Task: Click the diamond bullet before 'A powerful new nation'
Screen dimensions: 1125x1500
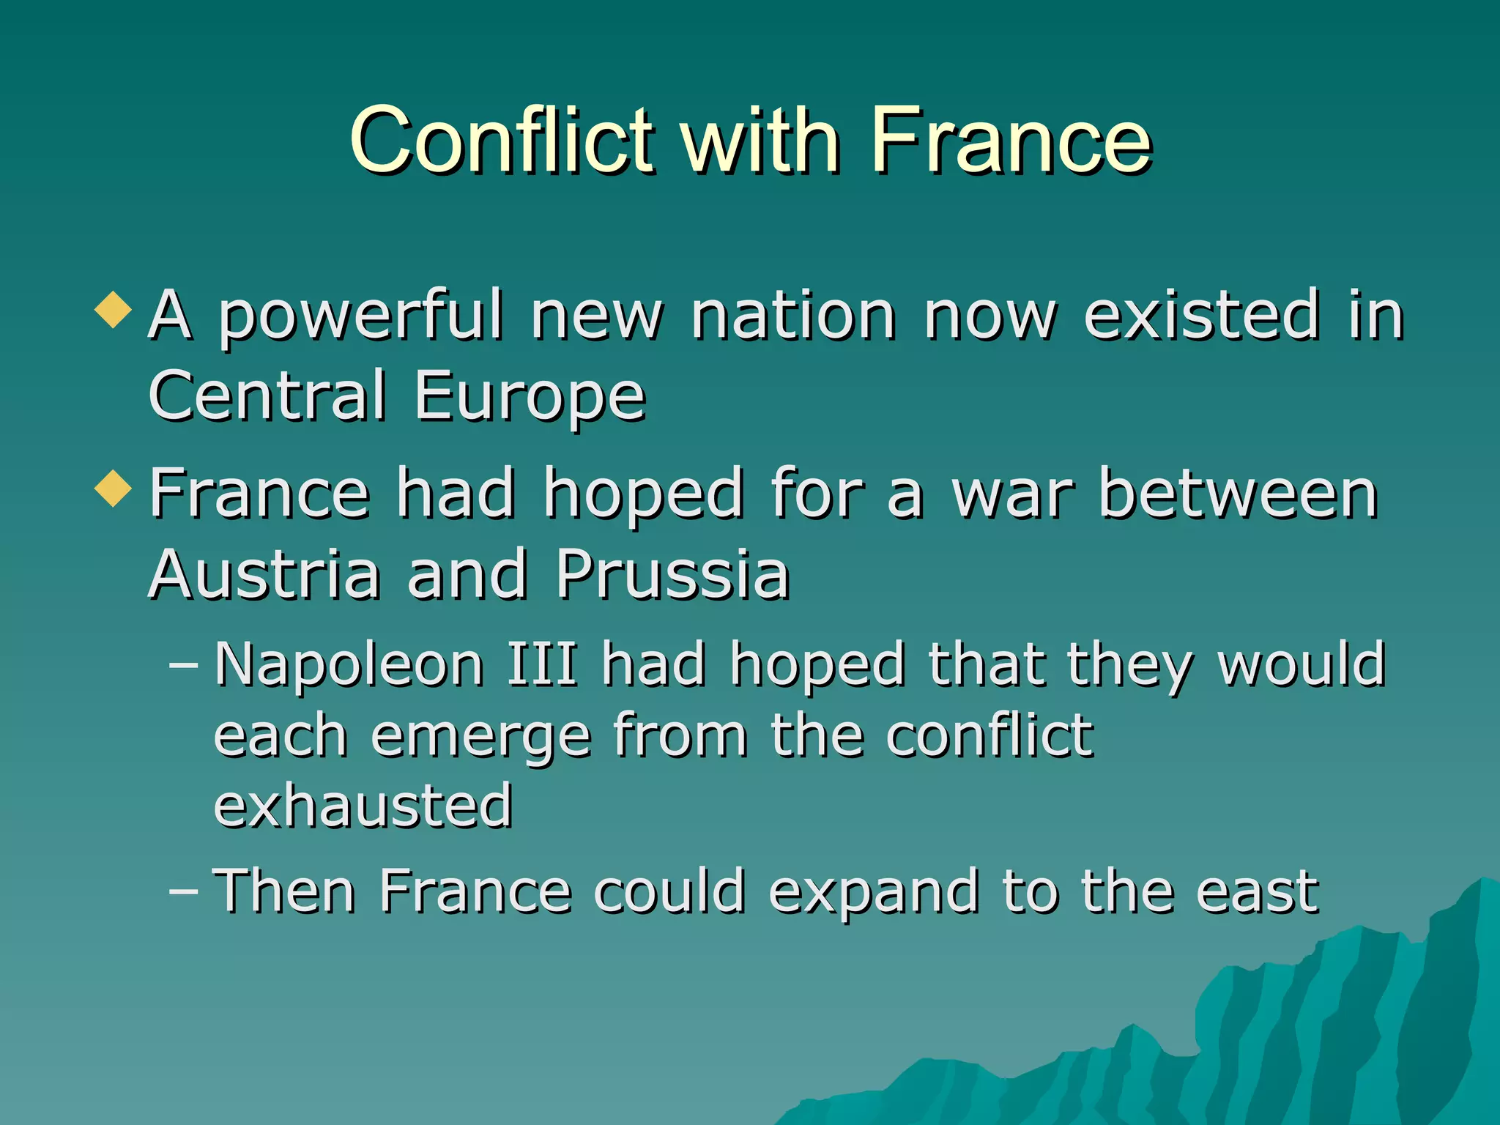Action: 114,311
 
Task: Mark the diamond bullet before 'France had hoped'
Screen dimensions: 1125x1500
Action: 114,489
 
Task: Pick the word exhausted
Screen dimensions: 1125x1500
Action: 363,806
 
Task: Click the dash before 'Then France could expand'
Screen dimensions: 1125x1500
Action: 183,891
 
